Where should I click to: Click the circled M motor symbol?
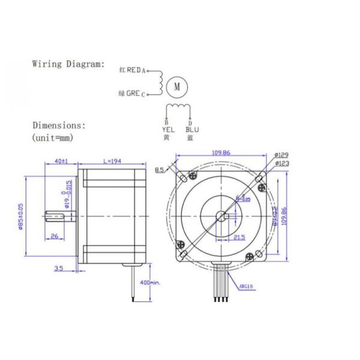point(176,86)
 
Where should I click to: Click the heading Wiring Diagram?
point(68,64)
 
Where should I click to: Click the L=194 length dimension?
point(112,161)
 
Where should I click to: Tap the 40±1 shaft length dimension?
point(61,161)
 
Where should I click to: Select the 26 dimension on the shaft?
point(54,236)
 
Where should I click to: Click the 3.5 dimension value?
point(58,269)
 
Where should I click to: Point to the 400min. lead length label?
point(148,281)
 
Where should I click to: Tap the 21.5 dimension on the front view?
point(238,238)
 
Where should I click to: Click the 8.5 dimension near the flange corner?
point(159,170)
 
